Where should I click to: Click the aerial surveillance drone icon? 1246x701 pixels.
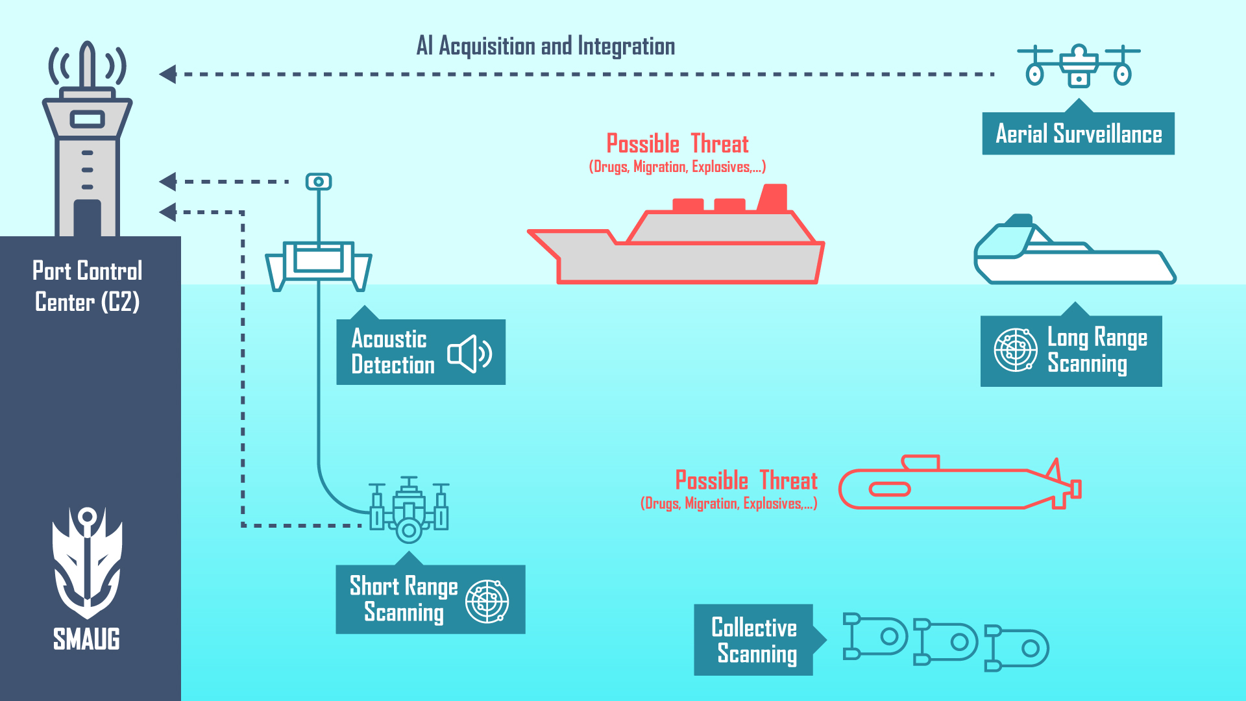[x=1079, y=66]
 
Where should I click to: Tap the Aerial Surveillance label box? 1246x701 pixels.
[x=1079, y=134]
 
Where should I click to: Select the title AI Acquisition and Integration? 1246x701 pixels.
[x=546, y=46]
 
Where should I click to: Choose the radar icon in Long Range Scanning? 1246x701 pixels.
[x=1016, y=350]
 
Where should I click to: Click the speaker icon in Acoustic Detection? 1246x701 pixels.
[x=470, y=354]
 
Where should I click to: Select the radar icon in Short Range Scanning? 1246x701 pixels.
[x=487, y=602]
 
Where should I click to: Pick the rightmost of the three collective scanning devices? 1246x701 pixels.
[x=1017, y=648]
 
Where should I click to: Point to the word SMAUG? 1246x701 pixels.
[x=87, y=639]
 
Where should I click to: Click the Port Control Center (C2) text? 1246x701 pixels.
[x=88, y=286]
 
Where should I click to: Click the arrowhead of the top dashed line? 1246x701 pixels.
[x=167, y=74]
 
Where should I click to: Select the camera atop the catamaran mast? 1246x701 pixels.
[x=319, y=182]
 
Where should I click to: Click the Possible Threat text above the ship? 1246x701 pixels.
[x=678, y=143]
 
